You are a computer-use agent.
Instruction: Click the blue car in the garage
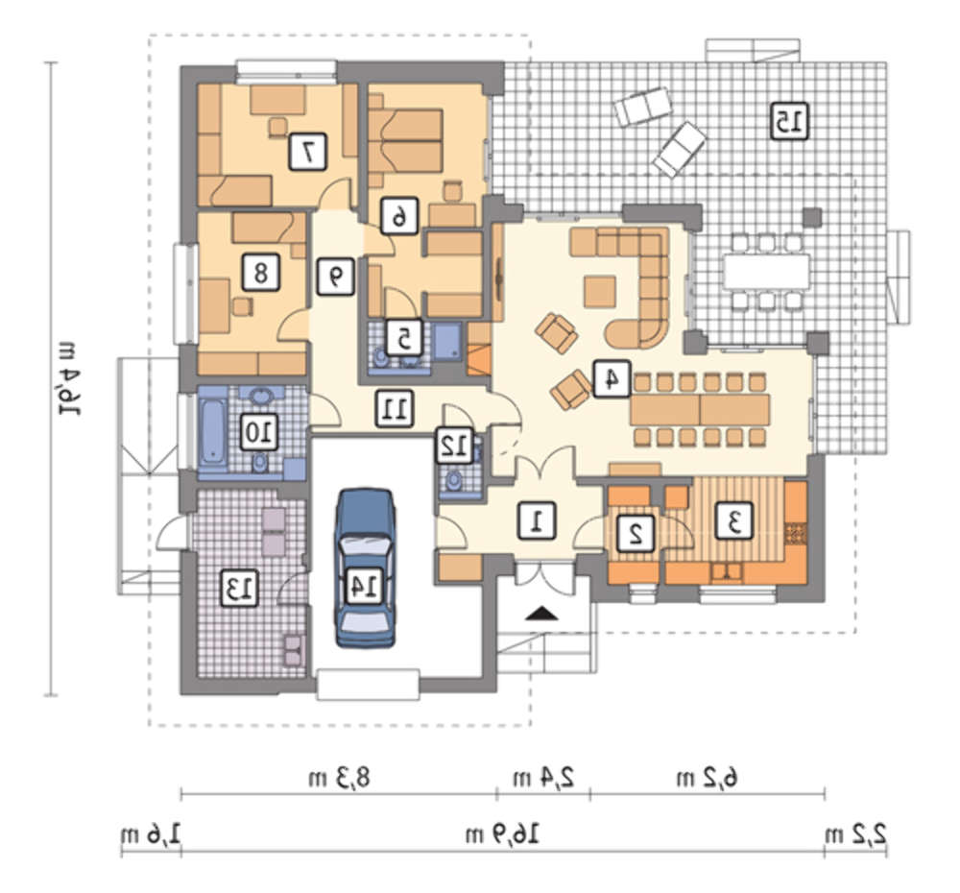click(365, 567)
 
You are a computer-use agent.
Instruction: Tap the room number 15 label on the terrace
click(789, 121)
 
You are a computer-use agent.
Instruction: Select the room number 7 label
click(307, 152)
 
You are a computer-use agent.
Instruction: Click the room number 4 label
click(612, 378)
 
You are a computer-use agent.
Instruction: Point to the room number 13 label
click(239, 589)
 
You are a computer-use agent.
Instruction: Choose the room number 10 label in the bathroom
click(258, 432)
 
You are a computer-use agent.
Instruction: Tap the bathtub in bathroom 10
click(212, 431)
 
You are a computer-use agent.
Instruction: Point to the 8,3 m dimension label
click(340, 778)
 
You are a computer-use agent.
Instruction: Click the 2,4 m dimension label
click(543, 778)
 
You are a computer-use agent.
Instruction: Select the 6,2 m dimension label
click(708, 778)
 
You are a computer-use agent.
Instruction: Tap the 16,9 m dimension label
click(503, 834)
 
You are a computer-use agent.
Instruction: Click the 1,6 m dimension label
click(151, 834)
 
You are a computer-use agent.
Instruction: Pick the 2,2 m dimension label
click(856, 834)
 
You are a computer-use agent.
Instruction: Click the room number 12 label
click(454, 446)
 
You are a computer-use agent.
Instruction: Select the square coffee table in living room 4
click(600, 291)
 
